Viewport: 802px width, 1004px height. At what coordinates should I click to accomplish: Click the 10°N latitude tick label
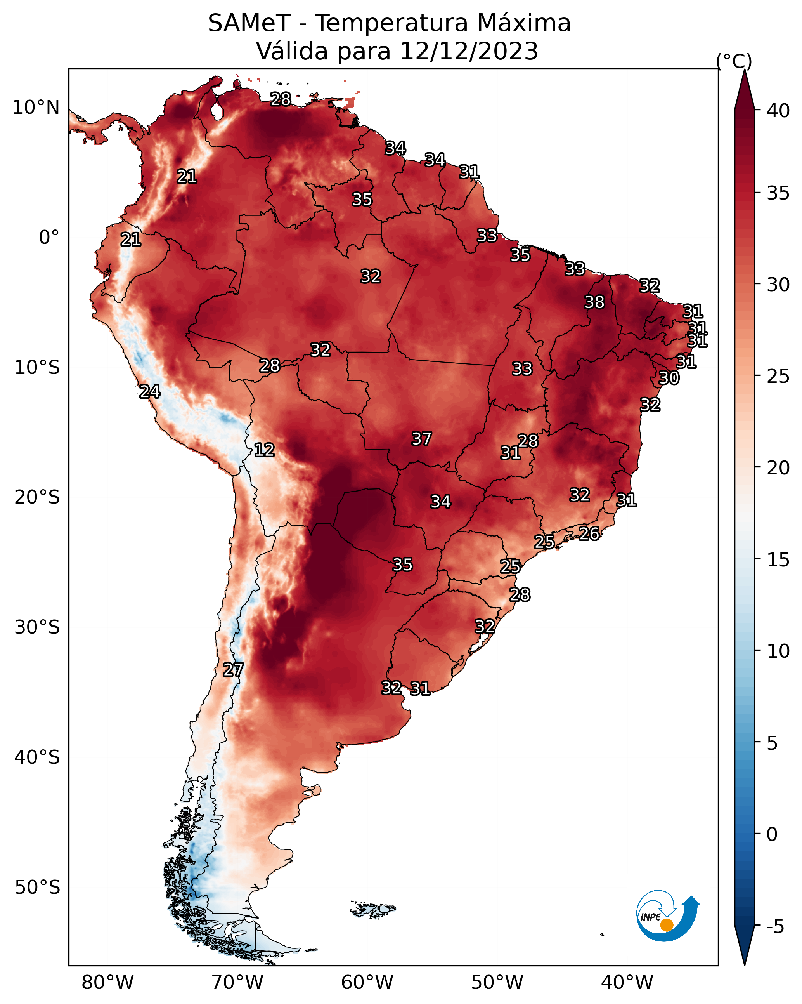point(36,108)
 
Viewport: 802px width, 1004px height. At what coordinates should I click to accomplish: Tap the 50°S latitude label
point(37,888)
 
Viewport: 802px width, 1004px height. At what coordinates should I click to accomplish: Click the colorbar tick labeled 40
point(778,111)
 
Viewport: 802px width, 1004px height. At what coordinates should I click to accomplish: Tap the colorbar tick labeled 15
point(778,560)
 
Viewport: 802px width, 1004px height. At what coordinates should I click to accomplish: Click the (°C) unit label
point(734,61)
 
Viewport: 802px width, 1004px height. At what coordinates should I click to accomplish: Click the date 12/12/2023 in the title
point(469,51)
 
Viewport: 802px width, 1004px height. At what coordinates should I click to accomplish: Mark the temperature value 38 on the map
point(594,302)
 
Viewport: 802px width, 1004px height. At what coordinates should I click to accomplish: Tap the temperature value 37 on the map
point(422,439)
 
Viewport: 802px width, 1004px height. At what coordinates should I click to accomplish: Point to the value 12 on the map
point(264,450)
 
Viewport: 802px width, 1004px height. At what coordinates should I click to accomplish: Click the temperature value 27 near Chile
point(233,670)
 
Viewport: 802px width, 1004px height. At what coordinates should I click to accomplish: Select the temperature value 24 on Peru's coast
point(150,392)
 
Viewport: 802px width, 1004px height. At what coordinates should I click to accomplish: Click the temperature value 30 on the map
point(669,378)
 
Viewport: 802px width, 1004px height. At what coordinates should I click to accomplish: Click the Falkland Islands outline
point(372,909)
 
